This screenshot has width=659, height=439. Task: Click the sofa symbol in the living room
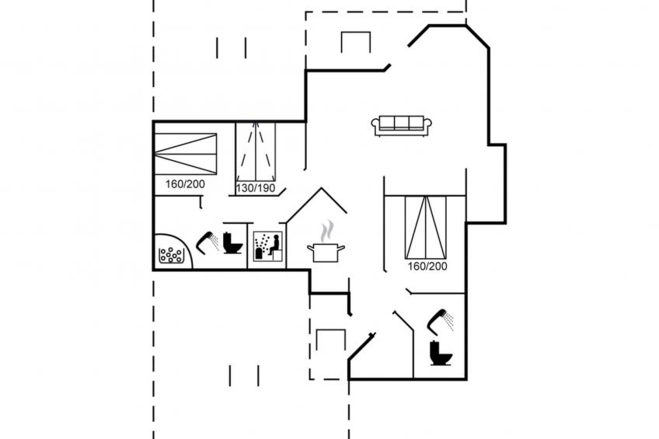(x=401, y=126)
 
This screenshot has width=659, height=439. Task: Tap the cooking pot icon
(x=326, y=252)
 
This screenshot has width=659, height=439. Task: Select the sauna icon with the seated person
(x=267, y=246)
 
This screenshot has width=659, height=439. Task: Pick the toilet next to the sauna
(x=232, y=243)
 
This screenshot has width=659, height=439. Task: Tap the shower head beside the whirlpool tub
(x=207, y=243)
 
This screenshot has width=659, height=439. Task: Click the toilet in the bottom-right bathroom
(x=441, y=354)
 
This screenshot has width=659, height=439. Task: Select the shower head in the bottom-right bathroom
(x=441, y=322)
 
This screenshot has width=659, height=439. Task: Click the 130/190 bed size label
(x=256, y=188)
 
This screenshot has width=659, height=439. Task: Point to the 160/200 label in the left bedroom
(x=185, y=184)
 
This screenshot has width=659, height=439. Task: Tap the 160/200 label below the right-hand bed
(x=427, y=267)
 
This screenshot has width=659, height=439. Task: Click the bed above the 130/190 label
(x=256, y=151)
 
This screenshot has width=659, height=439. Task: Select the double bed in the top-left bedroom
(x=185, y=154)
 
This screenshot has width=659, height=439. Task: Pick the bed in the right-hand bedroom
(x=425, y=228)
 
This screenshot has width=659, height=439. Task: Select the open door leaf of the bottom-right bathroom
(x=403, y=322)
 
